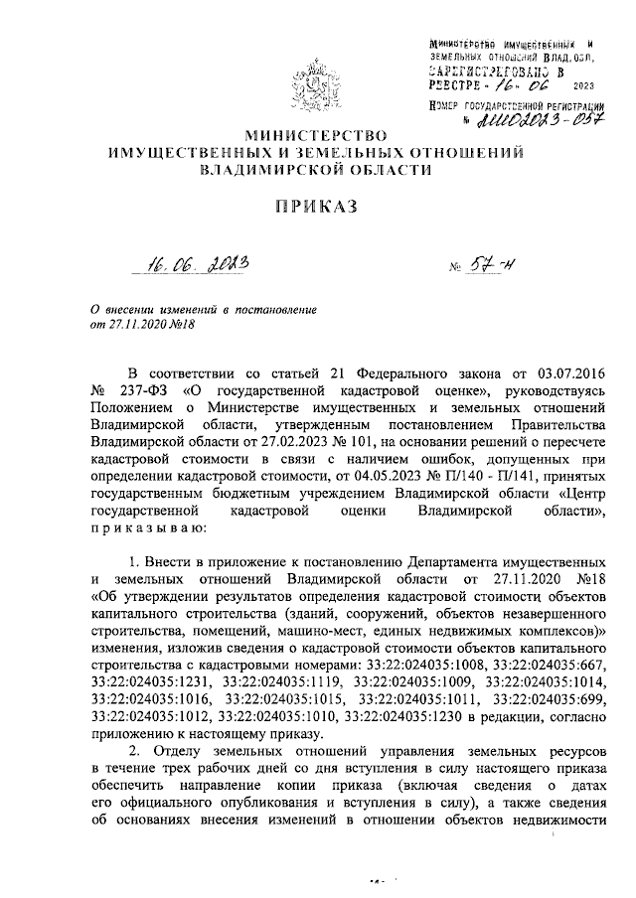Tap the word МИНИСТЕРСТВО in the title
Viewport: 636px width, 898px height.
[317, 134]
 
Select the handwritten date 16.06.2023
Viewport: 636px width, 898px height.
[194, 265]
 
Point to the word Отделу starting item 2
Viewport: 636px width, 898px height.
[179, 751]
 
